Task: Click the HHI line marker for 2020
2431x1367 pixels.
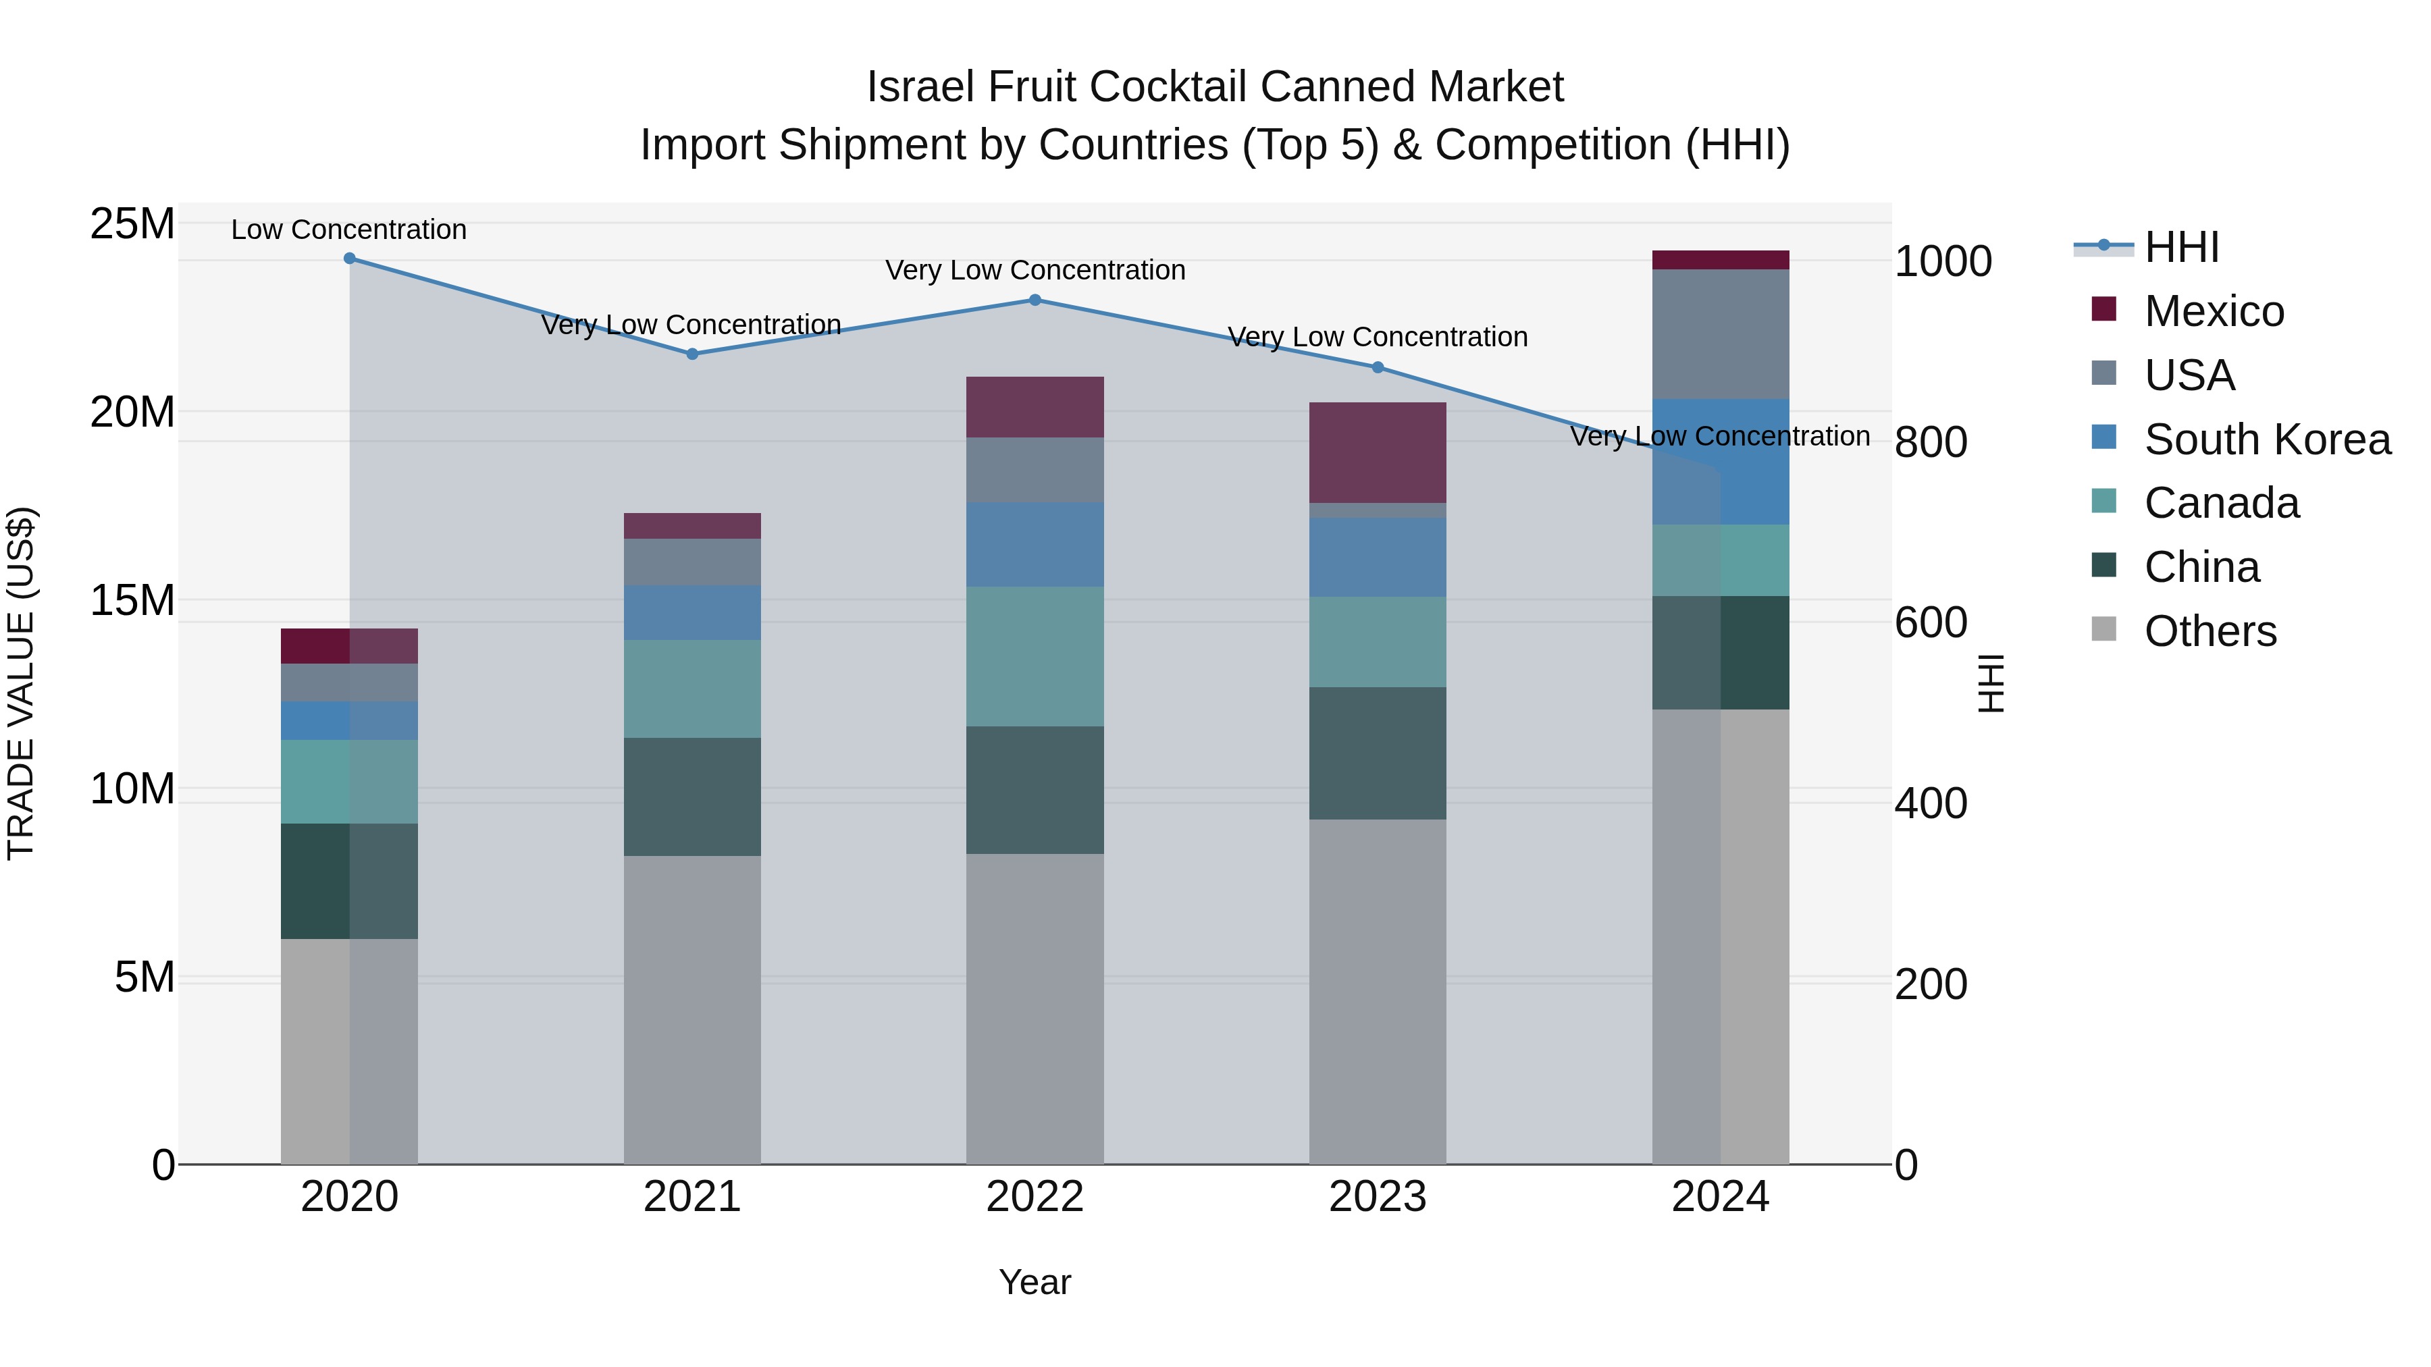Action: tap(349, 259)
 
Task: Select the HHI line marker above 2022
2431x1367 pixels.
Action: tap(1035, 300)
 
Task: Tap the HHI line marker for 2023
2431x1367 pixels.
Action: tap(1377, 367)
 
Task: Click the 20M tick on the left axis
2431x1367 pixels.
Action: tap(133, 412)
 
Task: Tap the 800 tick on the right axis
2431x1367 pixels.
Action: tap(1930, 441)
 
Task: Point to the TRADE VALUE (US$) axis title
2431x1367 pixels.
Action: tap(21, 683)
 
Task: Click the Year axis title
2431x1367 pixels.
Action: tap(1035, 1282)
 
